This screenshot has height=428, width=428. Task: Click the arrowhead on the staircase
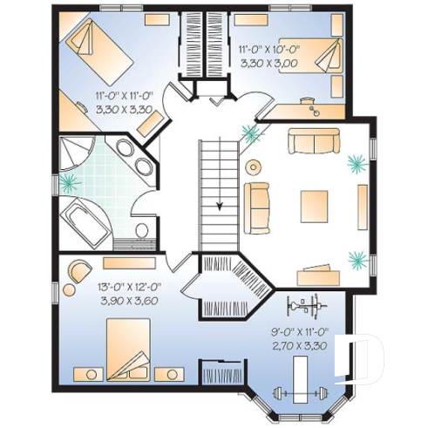220,206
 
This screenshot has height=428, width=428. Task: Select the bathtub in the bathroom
88,218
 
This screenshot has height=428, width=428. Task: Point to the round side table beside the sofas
254,166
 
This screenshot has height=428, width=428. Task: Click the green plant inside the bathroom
69,184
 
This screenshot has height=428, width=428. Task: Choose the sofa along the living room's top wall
314,140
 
